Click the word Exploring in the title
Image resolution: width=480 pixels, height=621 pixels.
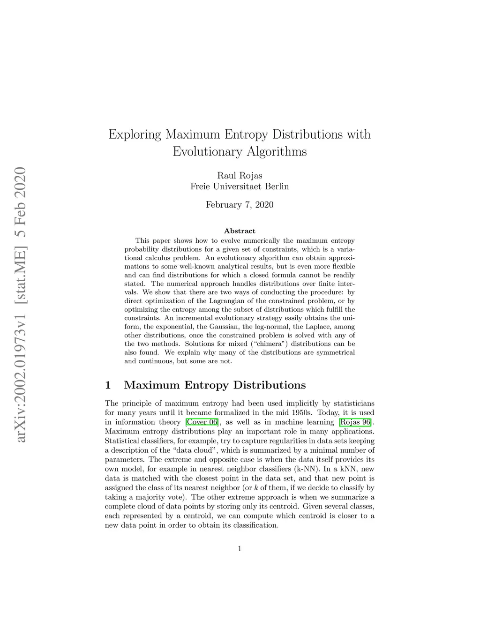coord(135,135)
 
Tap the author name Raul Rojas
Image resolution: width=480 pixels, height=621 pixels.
coord(240,176)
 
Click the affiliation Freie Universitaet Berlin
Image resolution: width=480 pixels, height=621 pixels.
coord(240,187)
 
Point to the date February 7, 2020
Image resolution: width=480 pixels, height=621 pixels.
coord(240,205)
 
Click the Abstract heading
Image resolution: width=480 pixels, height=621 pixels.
coord(240,231)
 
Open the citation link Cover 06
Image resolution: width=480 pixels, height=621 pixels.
coord(202,422)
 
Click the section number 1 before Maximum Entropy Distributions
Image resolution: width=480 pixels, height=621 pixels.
coord(108,386)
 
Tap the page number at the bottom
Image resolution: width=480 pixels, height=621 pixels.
coord(240,549)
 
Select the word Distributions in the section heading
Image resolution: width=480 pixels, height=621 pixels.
coord(270,386)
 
